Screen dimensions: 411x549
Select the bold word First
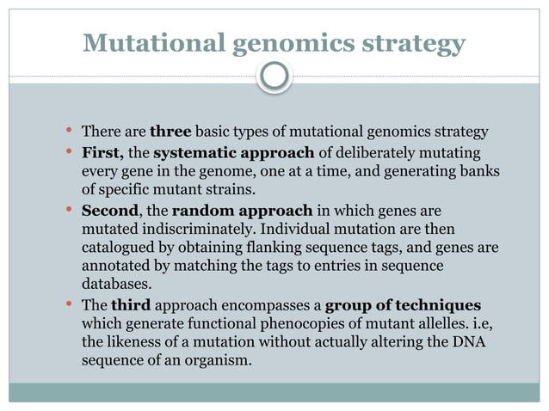(x=102, y=153)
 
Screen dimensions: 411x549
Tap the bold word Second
(x=109, y=210)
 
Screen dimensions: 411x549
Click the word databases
(x=115, y=286)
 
